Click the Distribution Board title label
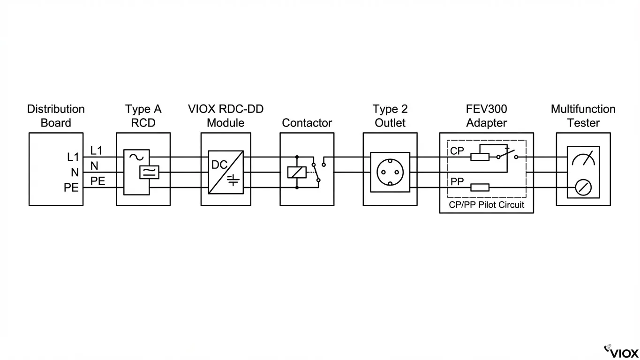click(x=56, y=116)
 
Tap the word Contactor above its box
click(x=307, y=123)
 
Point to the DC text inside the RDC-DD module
click(x=219, y=165)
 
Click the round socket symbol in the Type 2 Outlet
click(x=390, y=172)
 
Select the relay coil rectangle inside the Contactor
click(x=296, y=172)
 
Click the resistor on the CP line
click(x=480, y=157)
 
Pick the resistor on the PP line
click(x=480, y=187)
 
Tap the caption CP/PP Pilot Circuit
click(x=486, y=205)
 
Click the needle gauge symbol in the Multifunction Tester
click(x=583, y=158)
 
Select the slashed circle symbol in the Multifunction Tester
click(x=583, y=188)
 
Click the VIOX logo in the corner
click(x=621, y=352)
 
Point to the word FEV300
click(x=486, y=109)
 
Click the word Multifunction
click(x=583, y=109)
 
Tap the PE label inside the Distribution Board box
click(x=71, y=188)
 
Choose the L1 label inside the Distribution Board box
click(x=73, y=157)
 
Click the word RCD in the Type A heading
click(x=143, y=123)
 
